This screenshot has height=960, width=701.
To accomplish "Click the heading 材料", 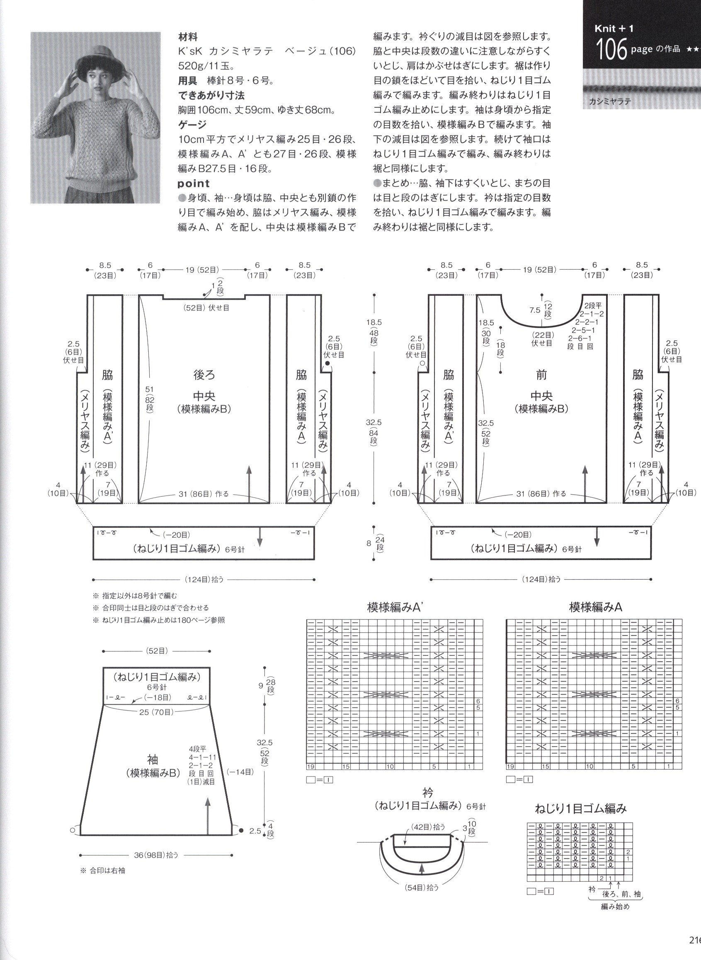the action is pos(187,37).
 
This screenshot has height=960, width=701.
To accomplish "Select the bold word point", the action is pos(194,183).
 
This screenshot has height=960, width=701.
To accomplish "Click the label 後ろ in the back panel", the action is pos(204,375).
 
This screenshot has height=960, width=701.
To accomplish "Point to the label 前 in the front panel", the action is pos(541,375).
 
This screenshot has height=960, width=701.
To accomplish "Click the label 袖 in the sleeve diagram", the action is pos(153,758).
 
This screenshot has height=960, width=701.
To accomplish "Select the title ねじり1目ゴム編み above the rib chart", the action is pos(580,809).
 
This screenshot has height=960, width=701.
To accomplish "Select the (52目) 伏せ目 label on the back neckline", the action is pos(206,307).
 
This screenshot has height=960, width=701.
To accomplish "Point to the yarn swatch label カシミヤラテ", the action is pos(610,102).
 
